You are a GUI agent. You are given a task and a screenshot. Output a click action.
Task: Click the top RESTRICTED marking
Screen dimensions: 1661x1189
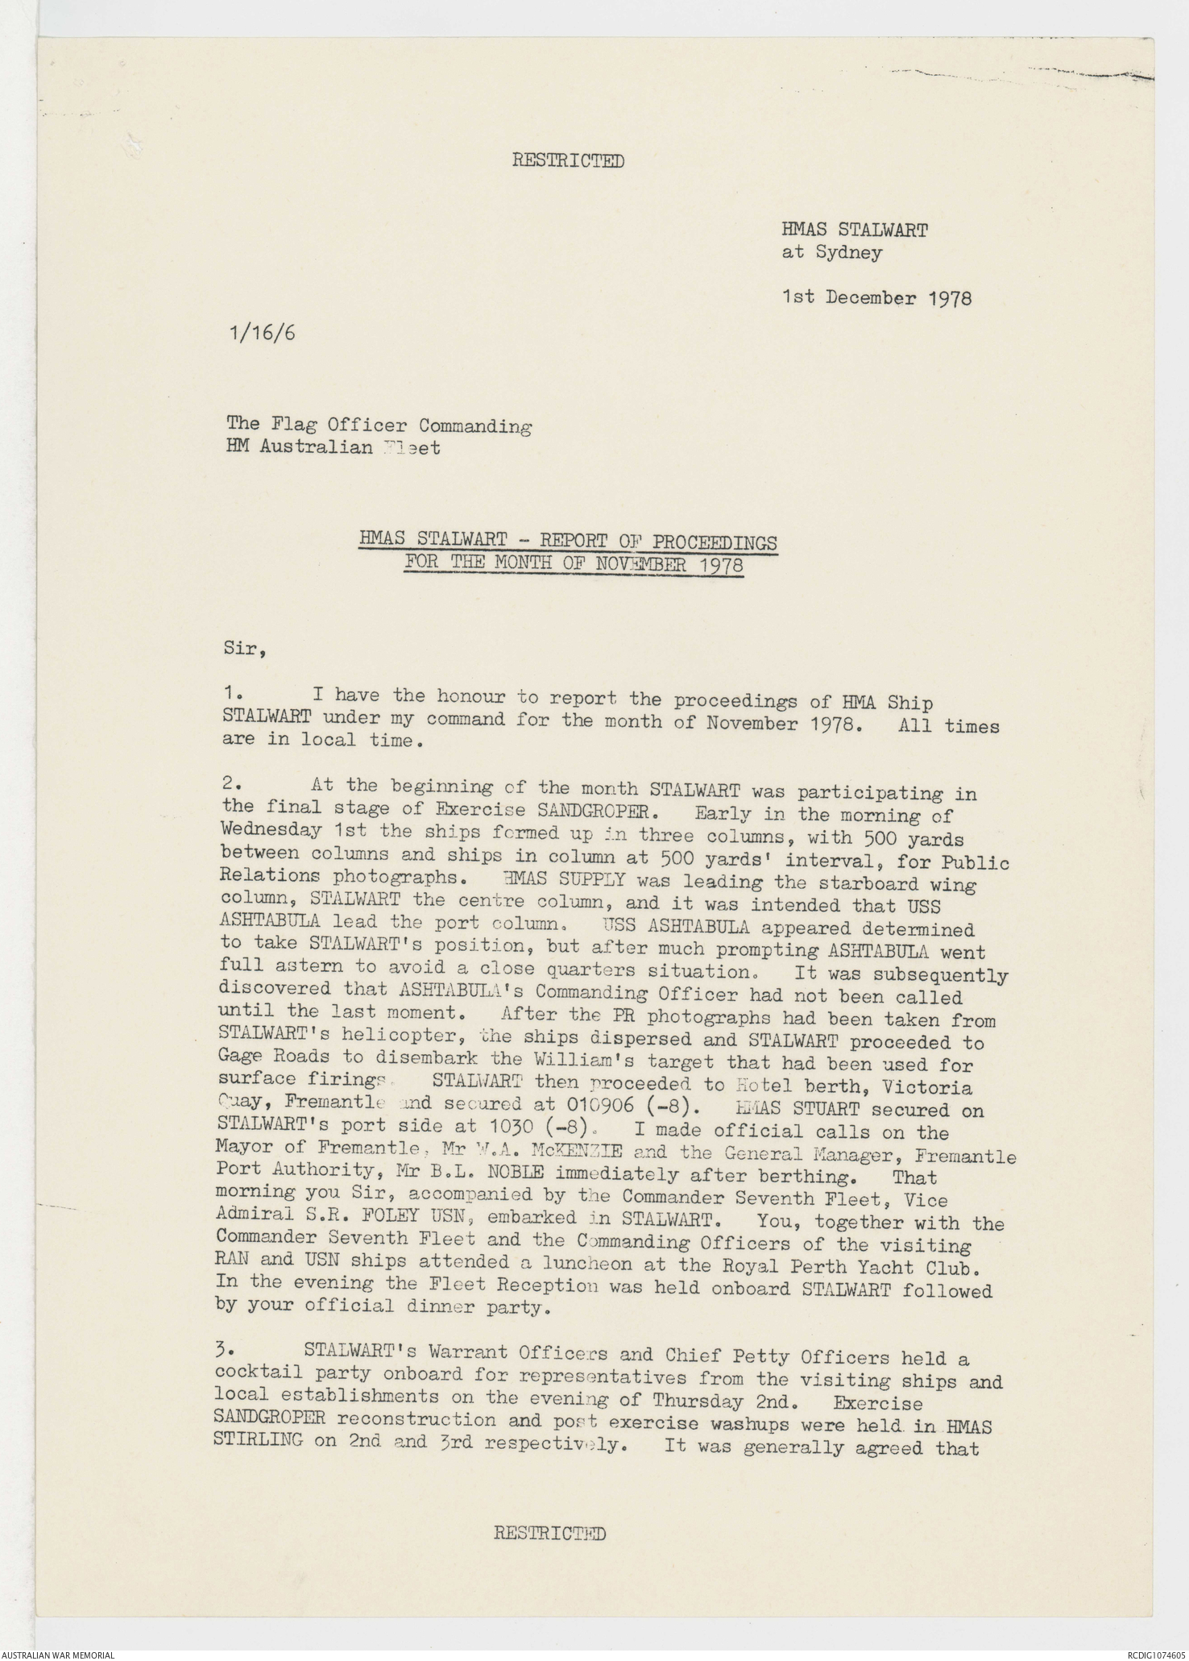click(x=568, y=161)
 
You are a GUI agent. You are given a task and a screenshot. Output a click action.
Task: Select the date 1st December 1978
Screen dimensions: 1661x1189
click(x=876, y=297)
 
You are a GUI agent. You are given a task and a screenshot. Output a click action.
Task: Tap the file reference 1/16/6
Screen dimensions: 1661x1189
click(x=262, y=333)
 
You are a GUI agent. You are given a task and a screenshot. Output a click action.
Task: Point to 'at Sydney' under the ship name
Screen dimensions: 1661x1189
click(x=831, y=252)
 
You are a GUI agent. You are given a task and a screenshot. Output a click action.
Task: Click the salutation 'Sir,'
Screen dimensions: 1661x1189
click(x=245, y=648)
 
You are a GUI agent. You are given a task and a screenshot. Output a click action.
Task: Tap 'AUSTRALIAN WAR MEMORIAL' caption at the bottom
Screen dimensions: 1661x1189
click(x=57, y=1654)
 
